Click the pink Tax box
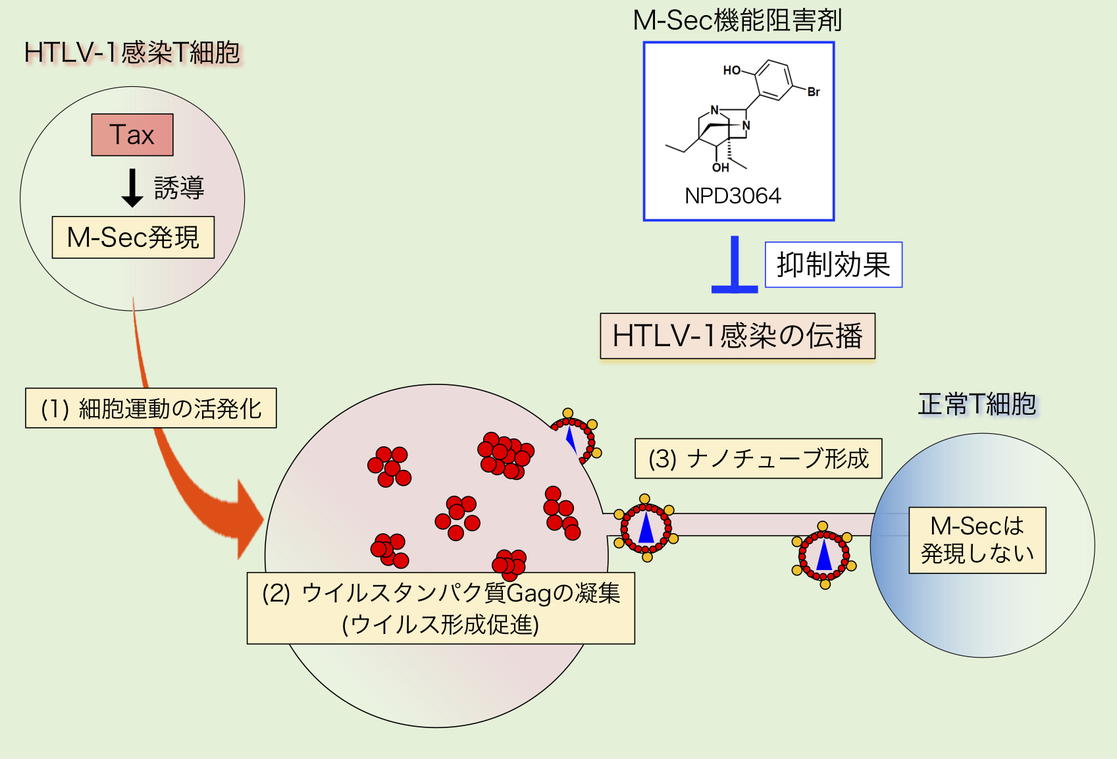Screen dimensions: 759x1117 pos(132,135)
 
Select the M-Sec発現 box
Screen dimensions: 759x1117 pos(133,238)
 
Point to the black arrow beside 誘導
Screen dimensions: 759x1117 pos(132,188)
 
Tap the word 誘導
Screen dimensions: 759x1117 pos(179,188)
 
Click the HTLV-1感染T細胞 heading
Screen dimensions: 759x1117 pos(132,53)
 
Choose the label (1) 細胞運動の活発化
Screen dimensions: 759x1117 pos(151,409)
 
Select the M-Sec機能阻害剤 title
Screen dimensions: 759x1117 pos(737,20)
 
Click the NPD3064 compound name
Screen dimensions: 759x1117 pos(733,196)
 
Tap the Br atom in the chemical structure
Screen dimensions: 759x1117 pos(814,92)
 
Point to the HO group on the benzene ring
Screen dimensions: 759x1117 pos(731,70)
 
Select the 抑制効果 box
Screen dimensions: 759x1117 pos(833,265)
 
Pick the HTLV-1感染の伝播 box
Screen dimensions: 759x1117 pos(737,336)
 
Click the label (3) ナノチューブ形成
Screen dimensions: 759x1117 pos(758,459)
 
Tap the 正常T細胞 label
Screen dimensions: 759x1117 pos(977,404)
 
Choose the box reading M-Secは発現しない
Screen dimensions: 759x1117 pos(977,540)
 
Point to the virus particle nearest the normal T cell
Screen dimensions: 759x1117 pos(824,556)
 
